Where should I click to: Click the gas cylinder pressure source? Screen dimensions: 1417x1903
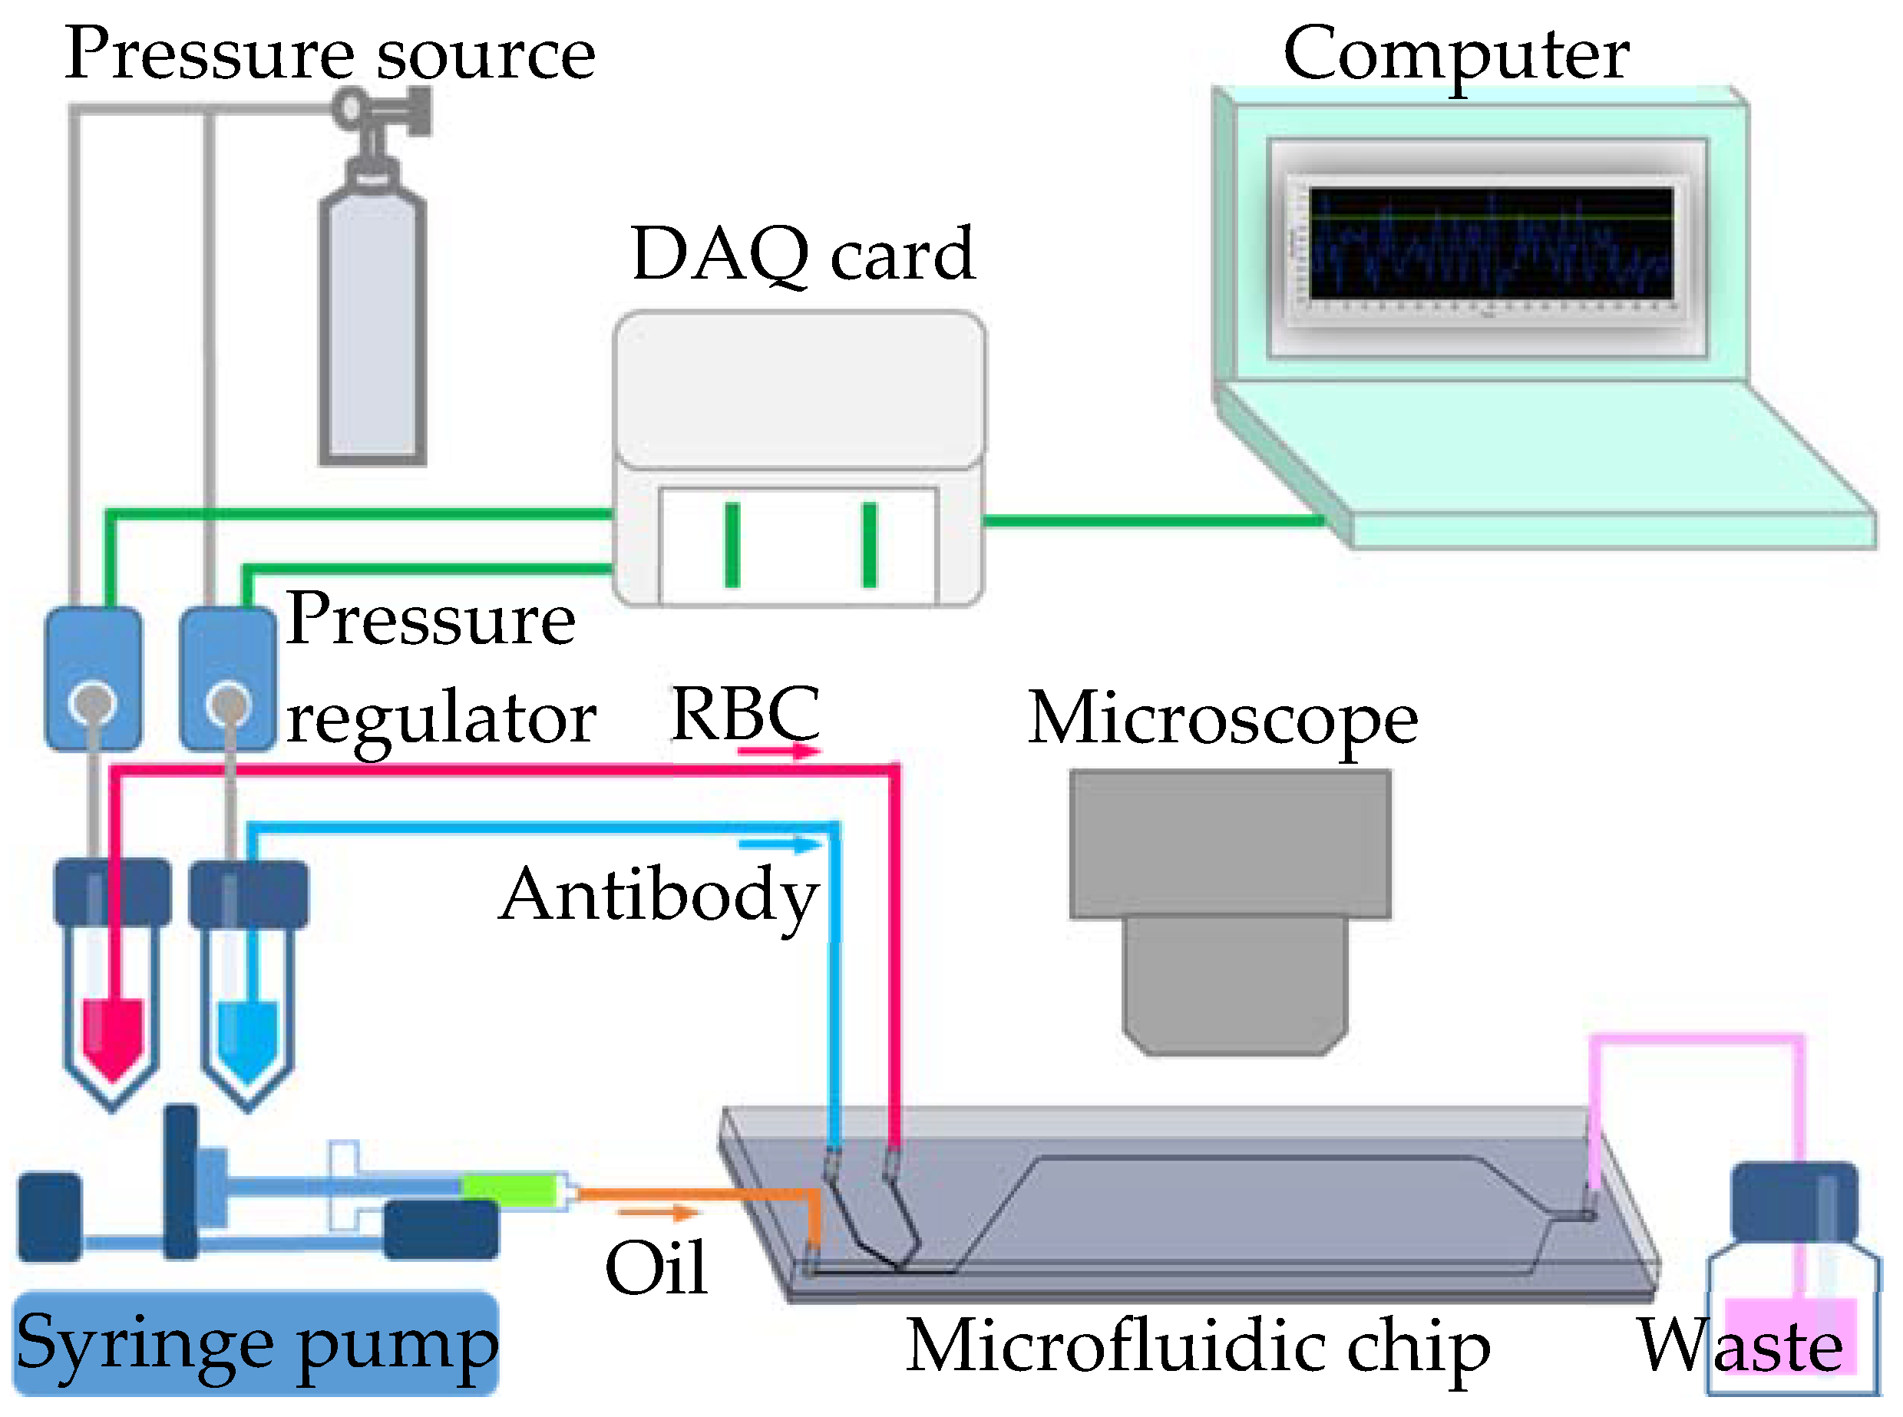[x=372, y=326]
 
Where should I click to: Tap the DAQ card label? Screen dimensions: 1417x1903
[x=803, y=255]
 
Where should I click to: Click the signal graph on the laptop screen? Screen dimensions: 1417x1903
[x=1491, y=243]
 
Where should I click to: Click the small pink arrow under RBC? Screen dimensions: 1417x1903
[x=778, y=752]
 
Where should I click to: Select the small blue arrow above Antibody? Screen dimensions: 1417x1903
[x=778, y=845]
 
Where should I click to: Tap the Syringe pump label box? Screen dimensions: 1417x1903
[x=256, y=1343]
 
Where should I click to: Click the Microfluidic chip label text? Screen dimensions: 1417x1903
[x=1198, y=1346]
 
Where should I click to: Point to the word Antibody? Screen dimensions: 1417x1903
[x=658, y=897]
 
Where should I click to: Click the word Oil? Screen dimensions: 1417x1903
[x=656, y=1268]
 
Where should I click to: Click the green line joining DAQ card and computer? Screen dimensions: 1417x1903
[x=1154, y=520]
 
